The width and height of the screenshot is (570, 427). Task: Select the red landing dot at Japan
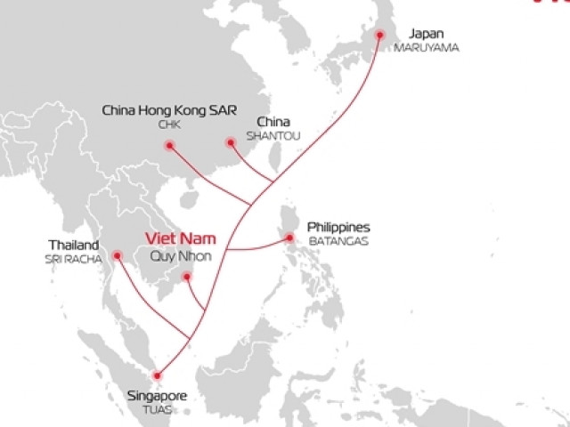tap(380, 35)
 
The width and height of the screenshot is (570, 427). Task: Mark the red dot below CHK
tap(170, 144)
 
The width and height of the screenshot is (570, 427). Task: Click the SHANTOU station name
tap(277, 135)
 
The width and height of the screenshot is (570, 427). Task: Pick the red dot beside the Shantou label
tap(230, 141)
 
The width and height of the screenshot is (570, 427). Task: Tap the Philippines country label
tap(338, 227)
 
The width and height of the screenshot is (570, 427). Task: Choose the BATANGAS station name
tap(338, 241)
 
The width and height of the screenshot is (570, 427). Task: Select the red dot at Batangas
tap(289, 238)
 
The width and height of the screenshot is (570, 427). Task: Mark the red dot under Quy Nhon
tap(187, 278)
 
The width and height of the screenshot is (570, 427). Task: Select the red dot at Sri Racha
tap(117, 255)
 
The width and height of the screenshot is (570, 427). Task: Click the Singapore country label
tap(158, 395)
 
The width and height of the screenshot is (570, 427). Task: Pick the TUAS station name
tap(157, 409)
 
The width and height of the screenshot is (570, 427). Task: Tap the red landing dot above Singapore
tap(158, 375)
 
